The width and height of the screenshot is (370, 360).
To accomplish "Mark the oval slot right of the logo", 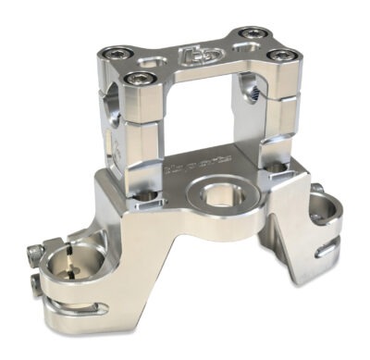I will click(226, 55).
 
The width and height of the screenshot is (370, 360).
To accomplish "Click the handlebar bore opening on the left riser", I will click(110, 96).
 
